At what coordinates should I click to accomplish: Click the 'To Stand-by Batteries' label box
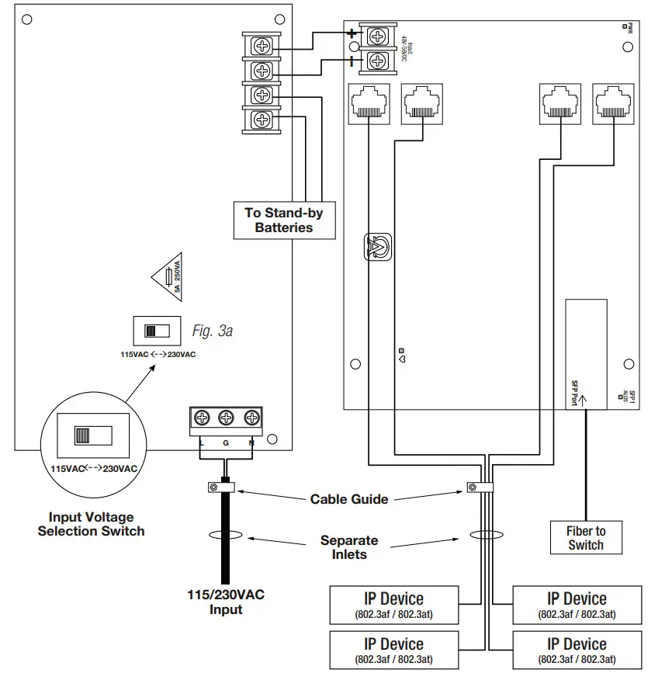pyautogui.click(x=284, y=220)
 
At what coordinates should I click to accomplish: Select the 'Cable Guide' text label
pyautogui.click(x=349, y=499)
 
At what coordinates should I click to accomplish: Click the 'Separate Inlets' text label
pyautogui.click(x=349, y=547)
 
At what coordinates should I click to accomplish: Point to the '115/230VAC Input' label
pyautogui.click(x=226, y=602)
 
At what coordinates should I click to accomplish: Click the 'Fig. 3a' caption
pyautogui.click(x=212, y=331)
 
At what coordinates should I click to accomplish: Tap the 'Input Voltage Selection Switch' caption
pyautogui.click(x=91, y=524)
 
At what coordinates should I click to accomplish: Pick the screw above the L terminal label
pyautogui.click(x=202, y=418)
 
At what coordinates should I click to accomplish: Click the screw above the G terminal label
pyautogui.click(x=227, y=418)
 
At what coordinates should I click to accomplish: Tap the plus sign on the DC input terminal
pyautogui.click(x=352, y=34)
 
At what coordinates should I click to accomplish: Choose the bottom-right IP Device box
pyautogui.click(x=577, y=650)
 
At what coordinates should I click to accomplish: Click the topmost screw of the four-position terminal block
pyautogui.click(x=262, y=46)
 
